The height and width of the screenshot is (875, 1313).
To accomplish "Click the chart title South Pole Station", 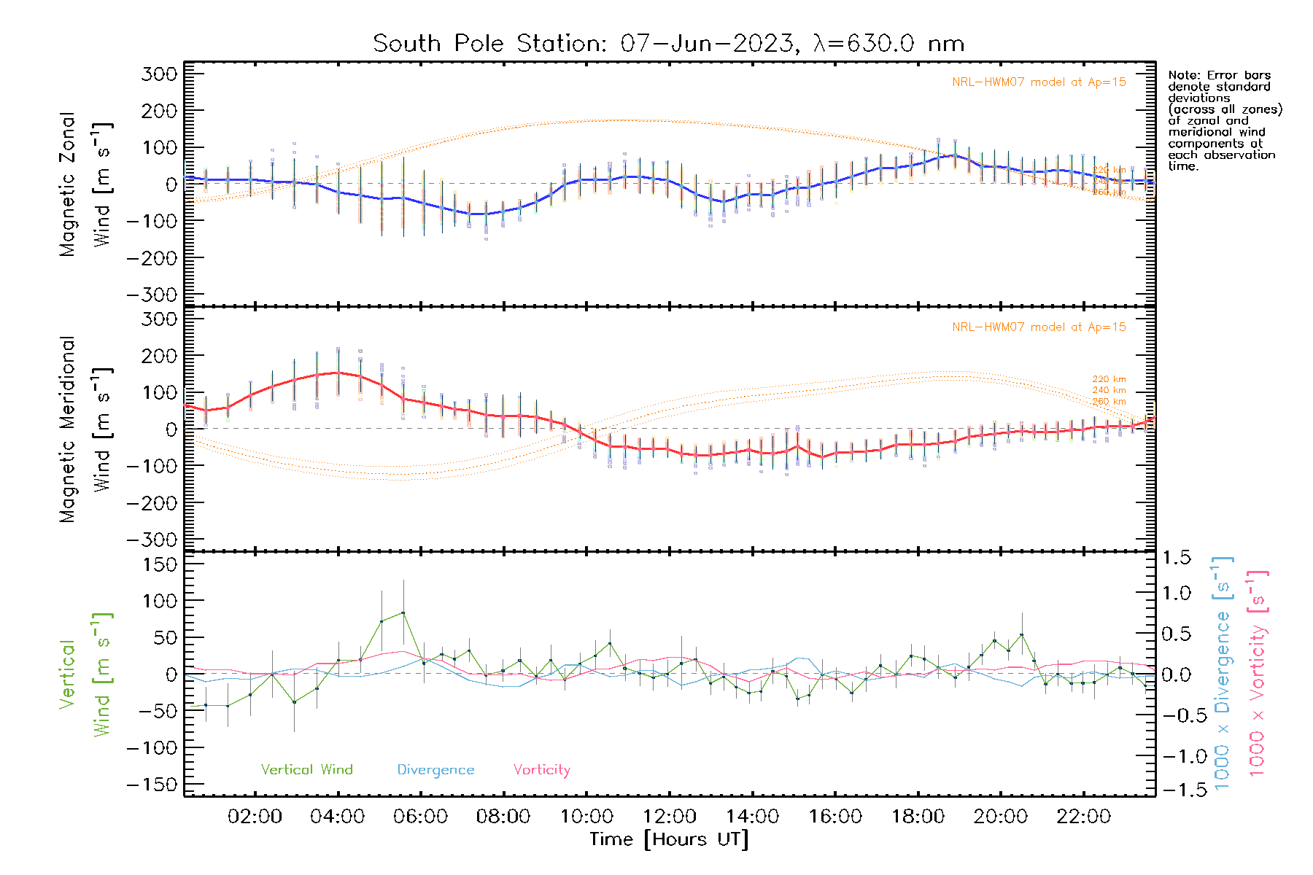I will pos(668,44).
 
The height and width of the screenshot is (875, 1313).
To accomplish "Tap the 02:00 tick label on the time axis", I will pos(255,817).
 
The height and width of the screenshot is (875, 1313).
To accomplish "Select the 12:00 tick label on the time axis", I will pos(670,817).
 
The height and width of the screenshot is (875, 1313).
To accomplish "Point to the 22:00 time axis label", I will pos(1084,817).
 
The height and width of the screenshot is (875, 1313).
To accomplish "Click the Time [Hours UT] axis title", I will pos(669,840).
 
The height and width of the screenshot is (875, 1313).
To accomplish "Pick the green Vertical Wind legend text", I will pos(306,770).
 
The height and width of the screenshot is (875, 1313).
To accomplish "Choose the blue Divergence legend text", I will pos(435,770).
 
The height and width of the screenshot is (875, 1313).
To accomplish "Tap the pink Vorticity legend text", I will pos(541,770).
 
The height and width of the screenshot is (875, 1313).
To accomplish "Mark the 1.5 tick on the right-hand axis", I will pos(1176,558).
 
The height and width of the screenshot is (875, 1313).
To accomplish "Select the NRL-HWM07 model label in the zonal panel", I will pos(1039,82).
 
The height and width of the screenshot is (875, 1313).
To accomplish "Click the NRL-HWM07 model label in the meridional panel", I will pos(1039,327).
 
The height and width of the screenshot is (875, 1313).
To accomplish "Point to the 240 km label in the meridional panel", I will pos(1109,391).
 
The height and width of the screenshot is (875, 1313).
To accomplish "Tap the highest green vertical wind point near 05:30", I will pos(403,613).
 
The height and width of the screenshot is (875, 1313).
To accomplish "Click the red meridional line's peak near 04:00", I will pos(337,373).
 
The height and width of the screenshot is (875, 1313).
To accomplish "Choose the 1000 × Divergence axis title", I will pos(1223,674).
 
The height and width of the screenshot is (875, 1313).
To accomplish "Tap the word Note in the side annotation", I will pos(1182,76).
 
